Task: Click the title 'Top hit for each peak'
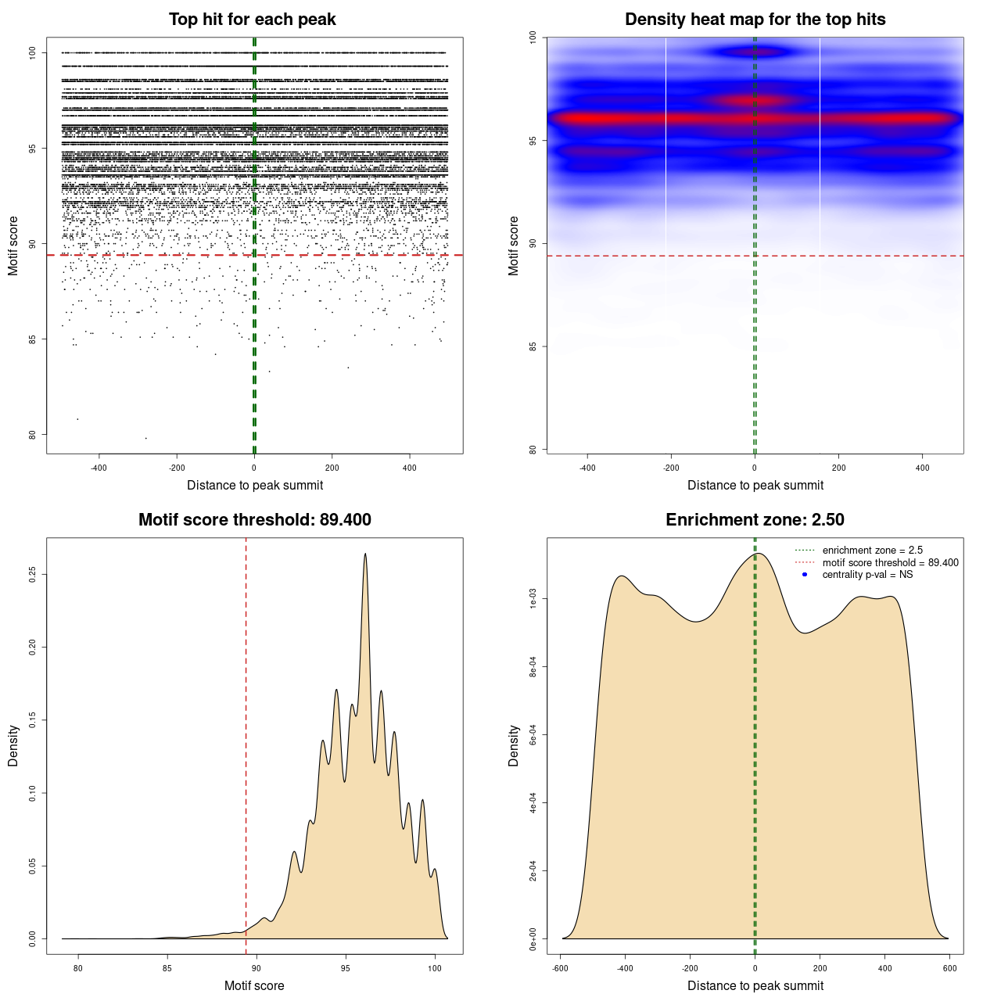pyautogui.click(x=252, y=20)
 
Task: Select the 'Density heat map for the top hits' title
pyautogui.click(x=755, y=20)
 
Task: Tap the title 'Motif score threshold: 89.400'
pyautogui.click(x=254, y=520)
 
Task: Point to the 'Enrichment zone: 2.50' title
pyautogui.click(x=755, y=520)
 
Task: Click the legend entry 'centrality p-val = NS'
pyautogui.click(x=867, y=575)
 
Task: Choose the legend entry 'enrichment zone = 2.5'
pyautogui.click(x=872, y=551)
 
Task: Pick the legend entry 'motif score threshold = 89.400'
pyautogui.click(x=890, y=563)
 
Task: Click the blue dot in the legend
pyautogui.click(x=805, y=575)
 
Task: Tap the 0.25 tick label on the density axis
pyautogui.click(x=32, y=575)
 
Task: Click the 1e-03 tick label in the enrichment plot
pyautogui.click(x=533, y=600)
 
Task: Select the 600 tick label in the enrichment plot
pyautogui.click(x=949, y=968)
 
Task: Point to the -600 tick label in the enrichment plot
pyautogui.click(x=560, y=968)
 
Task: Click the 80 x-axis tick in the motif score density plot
pyautogui.click(x=78, y=968)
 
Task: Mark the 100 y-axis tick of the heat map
pyautogui.click(x=533, y=38)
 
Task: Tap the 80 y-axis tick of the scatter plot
pyautogui.click(x=32, y=435)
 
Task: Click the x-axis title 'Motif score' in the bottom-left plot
pyautogui.click(x=254, y=986)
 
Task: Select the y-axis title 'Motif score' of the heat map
pyautogui.click(x=514, y=246)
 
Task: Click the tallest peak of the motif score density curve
pyautogui.click(x=365, y=554)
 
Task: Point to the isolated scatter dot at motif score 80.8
pyautogui.click(x=77, y=419)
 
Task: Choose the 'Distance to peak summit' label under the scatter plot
pyautogui.click(x=255, y=486)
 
